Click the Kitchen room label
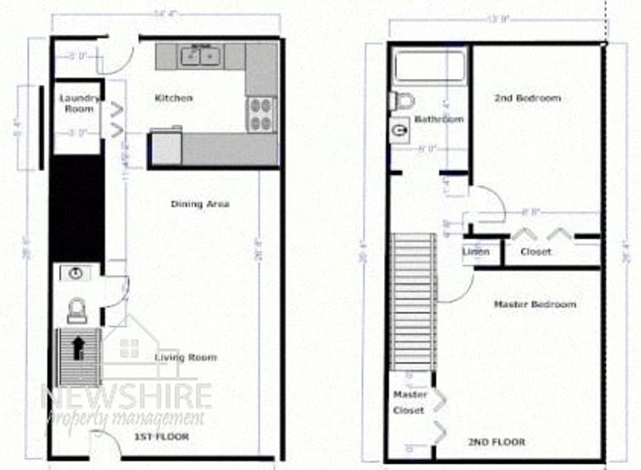tap(173, 98)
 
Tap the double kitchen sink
tap(201, 56)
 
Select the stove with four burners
tap(261, 114)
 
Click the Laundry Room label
tap(79, 104)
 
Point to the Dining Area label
tap(200, 204)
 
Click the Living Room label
tap(186, 357)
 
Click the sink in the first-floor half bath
tap(76, 273)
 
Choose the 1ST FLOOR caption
tap(161, 436)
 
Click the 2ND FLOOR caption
tap(496, 442)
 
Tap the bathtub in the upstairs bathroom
tap(429, 66)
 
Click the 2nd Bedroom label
tap(527, 98)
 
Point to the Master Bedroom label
tap(535, 304)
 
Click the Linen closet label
tap(475, 252)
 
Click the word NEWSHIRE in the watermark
tap(126, 396)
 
